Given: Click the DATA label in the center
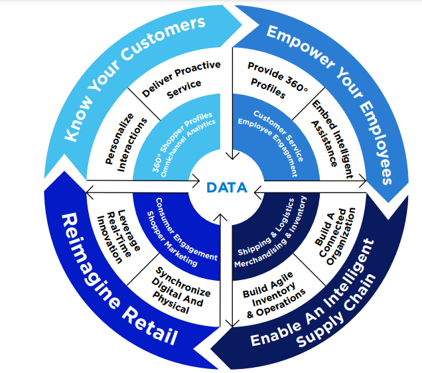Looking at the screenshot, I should (x=227, y=188).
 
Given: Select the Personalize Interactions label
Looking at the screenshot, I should (x=124, y=139).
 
